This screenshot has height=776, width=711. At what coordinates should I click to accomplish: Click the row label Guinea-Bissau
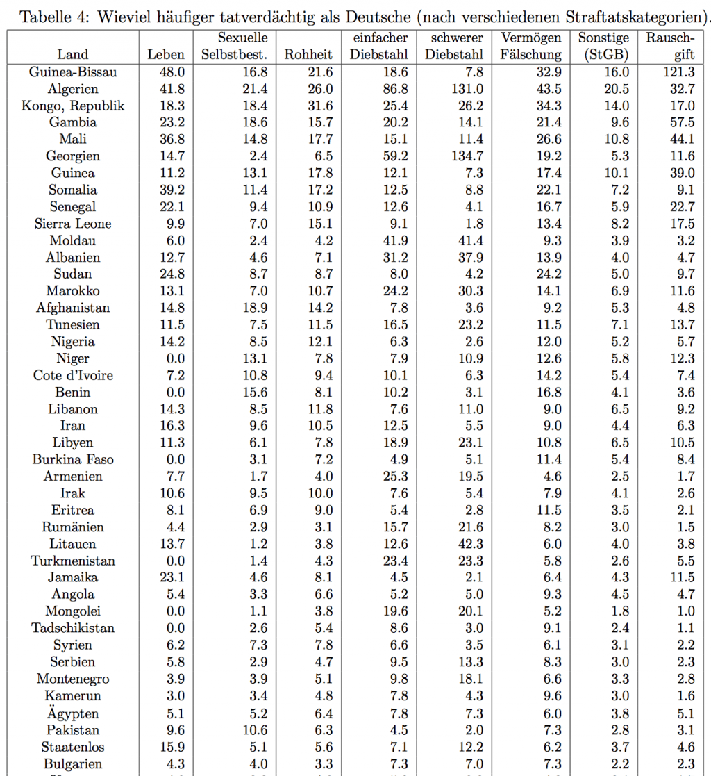pyautogui.click(x=73, y=72)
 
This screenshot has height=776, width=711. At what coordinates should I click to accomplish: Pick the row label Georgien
pyautogui.click(x=73, y=156)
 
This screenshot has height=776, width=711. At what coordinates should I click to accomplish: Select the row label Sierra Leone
pyautogui.click(x=73, y=224)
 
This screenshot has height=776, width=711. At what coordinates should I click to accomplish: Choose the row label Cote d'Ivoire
pyautogui.click(x=73, y=376)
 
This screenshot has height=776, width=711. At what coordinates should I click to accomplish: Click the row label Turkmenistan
pyautogui.click(x=73, y=561)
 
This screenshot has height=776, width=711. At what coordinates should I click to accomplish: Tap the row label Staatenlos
pyautogui.click(x=73, y=747)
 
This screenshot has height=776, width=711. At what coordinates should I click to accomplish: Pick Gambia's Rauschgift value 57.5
pyautogui.click(x=680, y=122)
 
